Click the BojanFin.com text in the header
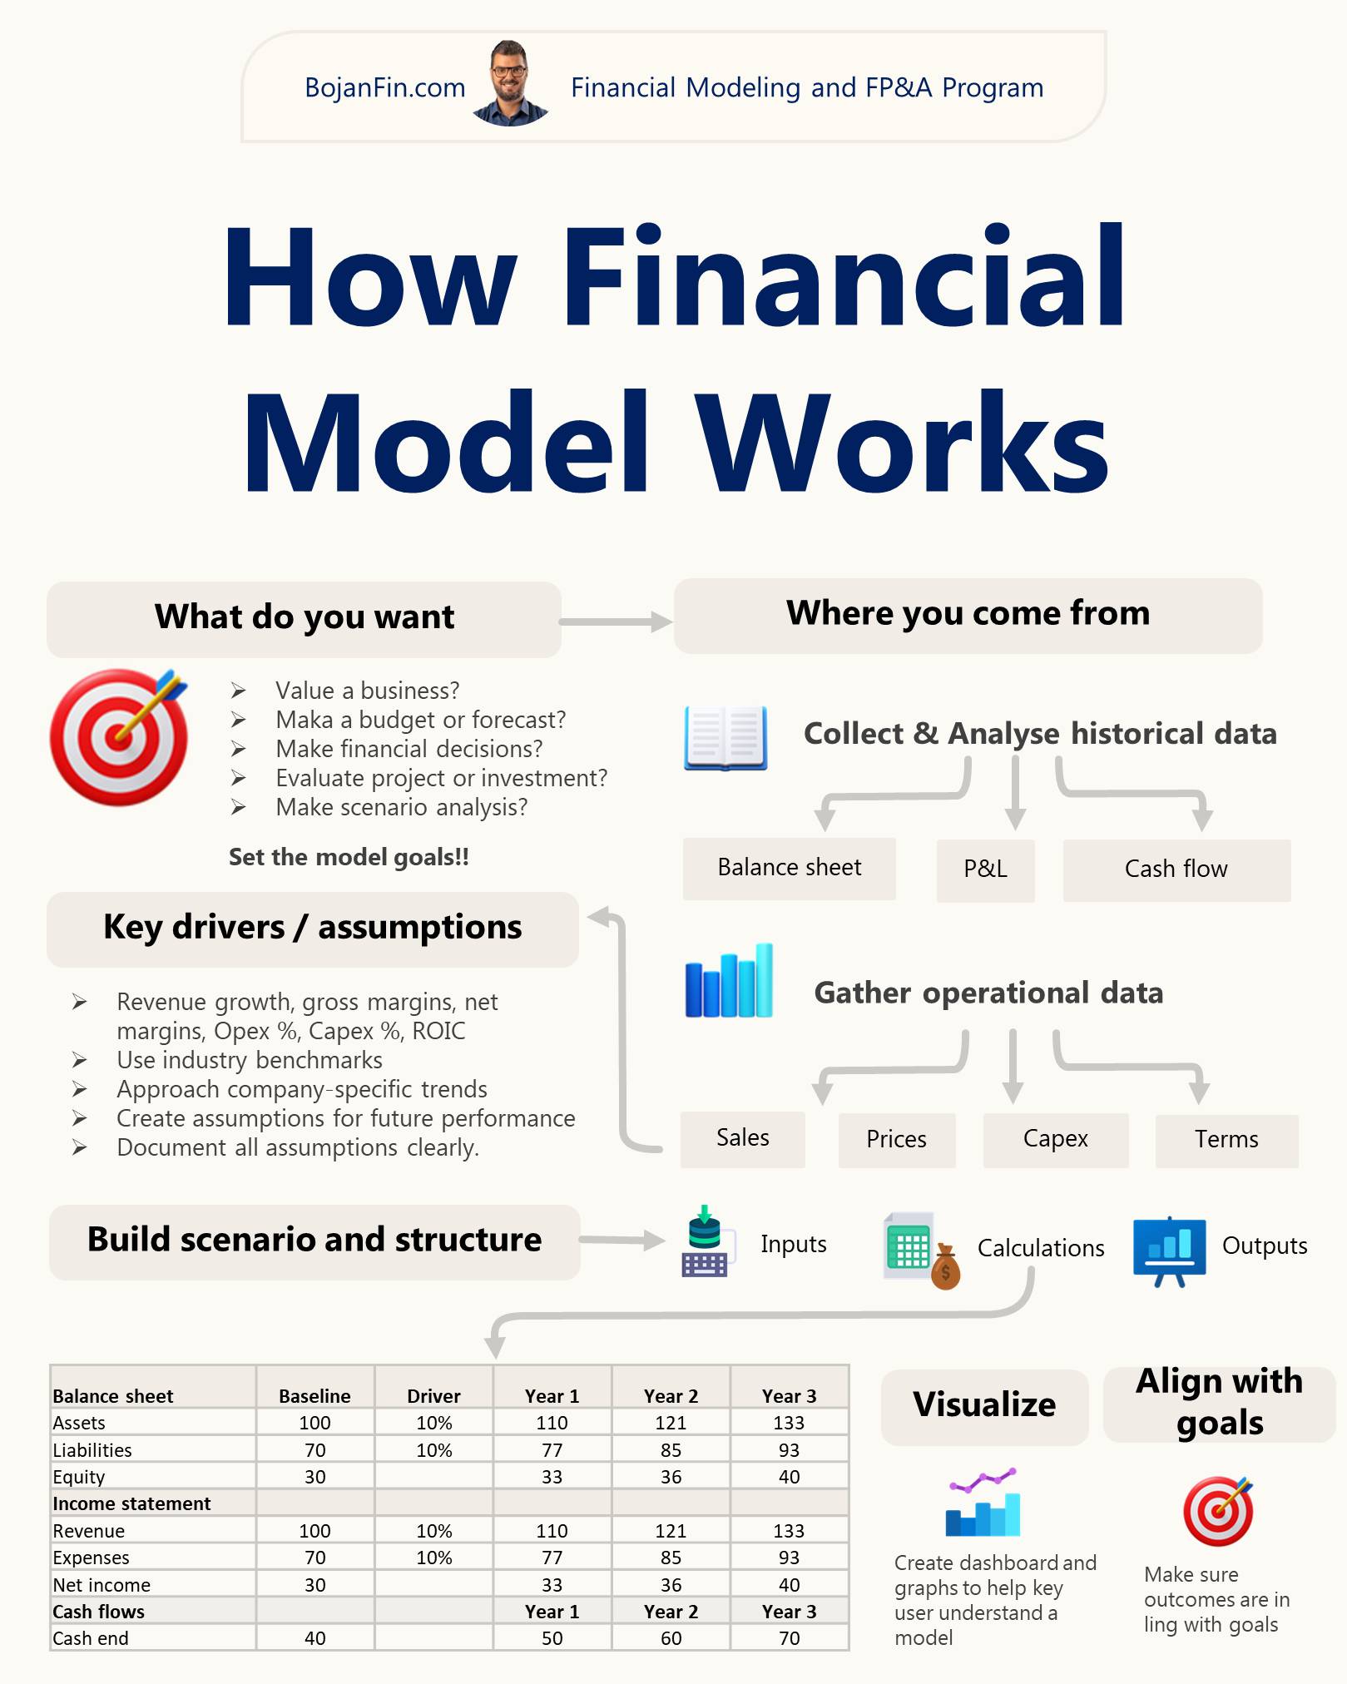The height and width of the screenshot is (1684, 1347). (x=385, y=87)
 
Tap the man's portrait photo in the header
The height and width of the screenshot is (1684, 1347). (x=510, y=83)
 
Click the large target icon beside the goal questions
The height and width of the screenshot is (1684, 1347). (x=119, y=736)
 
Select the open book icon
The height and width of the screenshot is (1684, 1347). (x=725, y=738)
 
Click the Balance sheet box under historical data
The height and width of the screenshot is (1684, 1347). (x=790, y=868)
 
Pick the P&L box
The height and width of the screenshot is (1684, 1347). (x=986, y=869)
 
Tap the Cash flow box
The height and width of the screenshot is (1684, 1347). (x=1176, y=869)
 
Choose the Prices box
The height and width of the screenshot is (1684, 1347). (x=897, y=1139)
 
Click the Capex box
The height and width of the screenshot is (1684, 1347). (x=1056, y=1139)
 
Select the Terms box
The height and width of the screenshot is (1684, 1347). (x=1226, y=1140)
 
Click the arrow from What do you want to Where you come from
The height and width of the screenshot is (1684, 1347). (x=616, y=622)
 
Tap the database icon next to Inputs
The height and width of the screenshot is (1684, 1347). (x=705, y=1241)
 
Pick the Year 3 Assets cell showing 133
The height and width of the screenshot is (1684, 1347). (x=789, y=1423)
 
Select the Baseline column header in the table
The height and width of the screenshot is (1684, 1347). (x=314, y=1395)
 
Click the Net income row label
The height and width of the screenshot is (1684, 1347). (x=102, y=1585)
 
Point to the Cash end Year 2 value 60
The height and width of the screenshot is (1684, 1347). (x=671, y=1638)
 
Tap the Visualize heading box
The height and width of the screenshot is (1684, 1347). (x=984, y=1405)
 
